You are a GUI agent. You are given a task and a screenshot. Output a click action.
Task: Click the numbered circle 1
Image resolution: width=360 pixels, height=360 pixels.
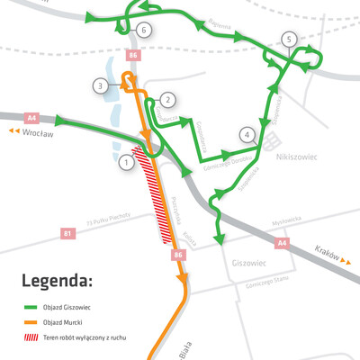(x=127, y=163)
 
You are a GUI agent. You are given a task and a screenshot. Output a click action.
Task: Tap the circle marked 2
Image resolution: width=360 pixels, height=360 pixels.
(x=167, y=100)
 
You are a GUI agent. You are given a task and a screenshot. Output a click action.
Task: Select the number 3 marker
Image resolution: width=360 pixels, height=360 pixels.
(x=101, y=85)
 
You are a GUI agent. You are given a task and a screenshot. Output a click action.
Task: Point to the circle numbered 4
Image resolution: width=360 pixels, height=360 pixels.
(x=246, y=135)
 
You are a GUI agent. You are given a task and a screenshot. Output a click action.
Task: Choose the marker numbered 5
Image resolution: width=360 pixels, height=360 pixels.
(x=288, y=39)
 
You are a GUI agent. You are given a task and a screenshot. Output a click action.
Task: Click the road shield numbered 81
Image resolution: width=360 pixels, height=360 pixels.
(x=67, y=235)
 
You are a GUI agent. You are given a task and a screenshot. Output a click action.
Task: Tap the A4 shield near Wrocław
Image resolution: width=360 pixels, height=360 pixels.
(x=32, y=116)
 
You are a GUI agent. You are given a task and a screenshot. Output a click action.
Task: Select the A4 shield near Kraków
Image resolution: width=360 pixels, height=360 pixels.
(x=282, y=243)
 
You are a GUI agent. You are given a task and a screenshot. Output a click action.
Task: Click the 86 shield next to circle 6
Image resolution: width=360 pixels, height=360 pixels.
(x=134, y=56)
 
